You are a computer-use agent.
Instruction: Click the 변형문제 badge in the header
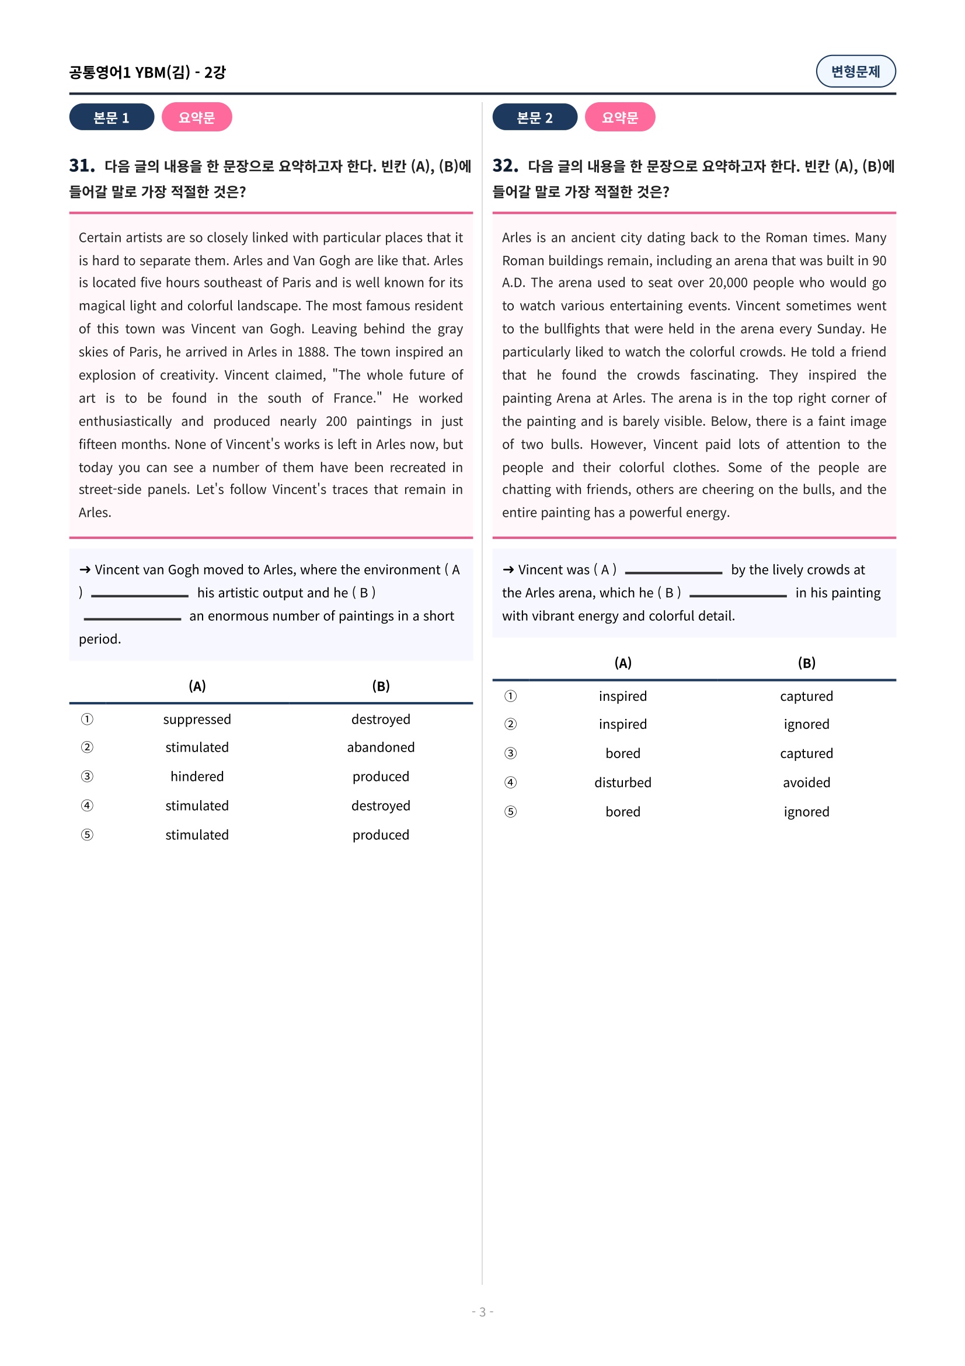(855, 71)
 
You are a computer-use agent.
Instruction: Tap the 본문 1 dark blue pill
(111, 117)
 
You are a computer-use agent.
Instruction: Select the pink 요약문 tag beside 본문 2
(619, 117)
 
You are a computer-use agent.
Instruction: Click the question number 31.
(82, 165)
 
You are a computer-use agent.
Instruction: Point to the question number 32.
(505, 165)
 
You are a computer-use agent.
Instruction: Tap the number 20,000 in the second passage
(728, 283)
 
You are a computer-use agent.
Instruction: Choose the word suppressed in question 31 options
(197, 720)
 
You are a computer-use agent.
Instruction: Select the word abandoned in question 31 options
(381, 748)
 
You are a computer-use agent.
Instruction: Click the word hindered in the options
(197, 776)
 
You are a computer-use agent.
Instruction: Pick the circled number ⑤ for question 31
(87, 835)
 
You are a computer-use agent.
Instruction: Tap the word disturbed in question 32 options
(622, 783)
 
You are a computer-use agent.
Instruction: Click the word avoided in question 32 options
(806, 783)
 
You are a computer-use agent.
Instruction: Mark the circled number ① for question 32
(510, 696)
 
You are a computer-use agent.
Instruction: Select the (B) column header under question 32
(806, 663)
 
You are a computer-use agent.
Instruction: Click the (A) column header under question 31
(197, 686)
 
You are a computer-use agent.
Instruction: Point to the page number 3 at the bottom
(482, 1312)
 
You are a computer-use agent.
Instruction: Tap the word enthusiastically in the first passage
(125, 422)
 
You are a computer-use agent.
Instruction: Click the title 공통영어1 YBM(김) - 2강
(148, 72)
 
